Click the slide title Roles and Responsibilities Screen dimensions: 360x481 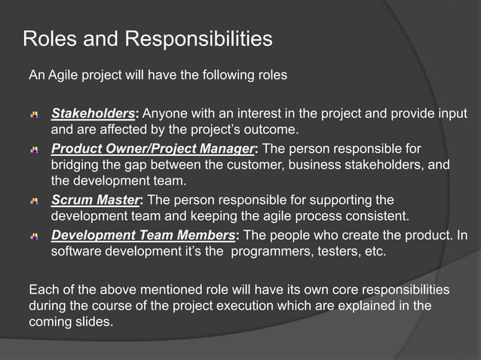[x=148, y=39]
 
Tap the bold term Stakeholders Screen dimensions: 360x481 [x=93, y=114]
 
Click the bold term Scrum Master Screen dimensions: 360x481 [x=96, y=200]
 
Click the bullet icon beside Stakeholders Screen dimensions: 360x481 [x=35, y=115]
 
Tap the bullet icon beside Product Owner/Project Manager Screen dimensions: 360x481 [x=35, y=148]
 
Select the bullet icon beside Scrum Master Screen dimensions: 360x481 [x=35, y=201]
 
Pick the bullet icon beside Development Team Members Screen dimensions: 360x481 [x=35, y=236]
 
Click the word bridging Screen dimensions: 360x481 [x=75, y=164]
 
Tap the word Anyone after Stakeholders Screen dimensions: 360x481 [x=164, y=114]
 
